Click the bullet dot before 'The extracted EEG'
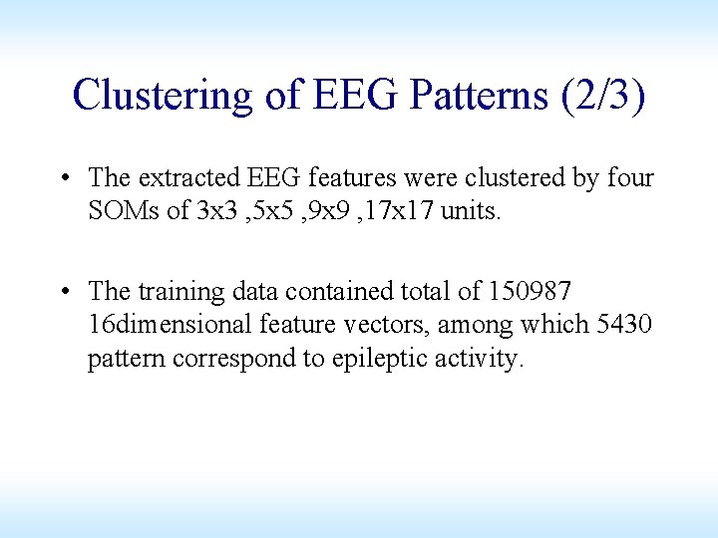[x=63, y=178]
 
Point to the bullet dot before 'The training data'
[x=63, y=292]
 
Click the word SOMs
[x=125, y=211]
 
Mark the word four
[x=629, y=178]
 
